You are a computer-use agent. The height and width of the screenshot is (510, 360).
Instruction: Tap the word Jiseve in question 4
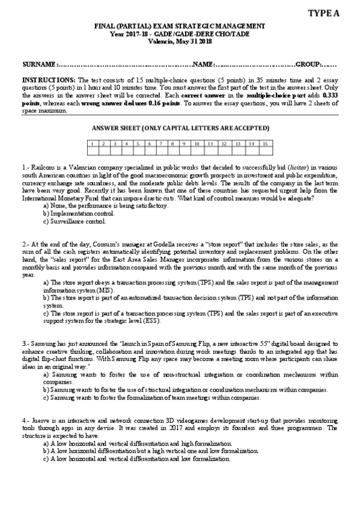[40, 419]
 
